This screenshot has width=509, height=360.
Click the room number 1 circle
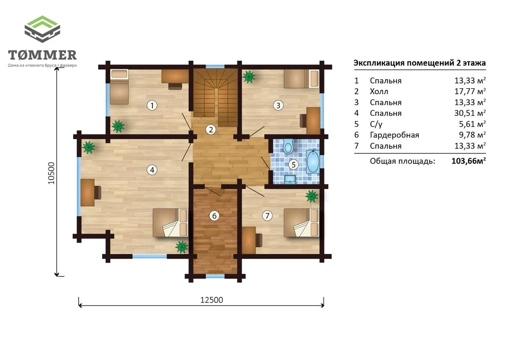152,105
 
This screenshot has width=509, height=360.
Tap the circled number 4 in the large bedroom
152,170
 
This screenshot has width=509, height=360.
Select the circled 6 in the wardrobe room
214,216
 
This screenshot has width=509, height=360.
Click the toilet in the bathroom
288,146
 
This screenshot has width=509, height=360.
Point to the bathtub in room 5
313,162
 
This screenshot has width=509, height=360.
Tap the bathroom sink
290,179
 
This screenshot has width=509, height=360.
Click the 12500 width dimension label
212,300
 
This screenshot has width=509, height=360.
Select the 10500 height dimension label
52,173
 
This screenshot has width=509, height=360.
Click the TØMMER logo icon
42,29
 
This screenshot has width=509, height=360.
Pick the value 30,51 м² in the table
470,113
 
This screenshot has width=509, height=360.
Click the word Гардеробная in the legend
394,135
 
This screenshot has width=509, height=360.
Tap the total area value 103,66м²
468,161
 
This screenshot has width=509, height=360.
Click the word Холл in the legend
379,91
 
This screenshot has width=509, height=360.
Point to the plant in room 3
249,77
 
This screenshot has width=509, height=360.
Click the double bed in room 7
301,223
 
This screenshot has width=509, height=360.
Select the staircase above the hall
216,96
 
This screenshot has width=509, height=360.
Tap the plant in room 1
118,126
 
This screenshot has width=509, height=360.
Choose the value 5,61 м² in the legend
472,124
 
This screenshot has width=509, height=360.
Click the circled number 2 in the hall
211,130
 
